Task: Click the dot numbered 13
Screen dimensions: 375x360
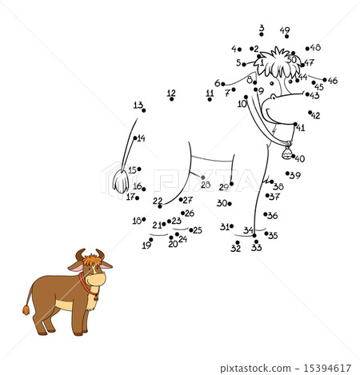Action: (144, 110)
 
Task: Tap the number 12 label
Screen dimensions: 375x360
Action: (171, 94)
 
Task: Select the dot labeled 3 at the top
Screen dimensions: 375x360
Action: (262, 36)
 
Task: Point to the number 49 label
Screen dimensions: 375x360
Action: (285, 31)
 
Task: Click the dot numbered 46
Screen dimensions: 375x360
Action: (325, 80)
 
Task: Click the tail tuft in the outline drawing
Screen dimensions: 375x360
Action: (121, 182)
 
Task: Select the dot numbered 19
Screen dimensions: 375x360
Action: (151, 239)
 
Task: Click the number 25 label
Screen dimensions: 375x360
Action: (197, 230)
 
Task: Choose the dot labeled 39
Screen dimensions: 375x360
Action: (287, 174)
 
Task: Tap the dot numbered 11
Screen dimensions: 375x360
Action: (210, 99)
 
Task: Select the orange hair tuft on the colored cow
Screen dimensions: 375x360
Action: (93, 260)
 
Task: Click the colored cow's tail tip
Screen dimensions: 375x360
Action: (26, 309)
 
